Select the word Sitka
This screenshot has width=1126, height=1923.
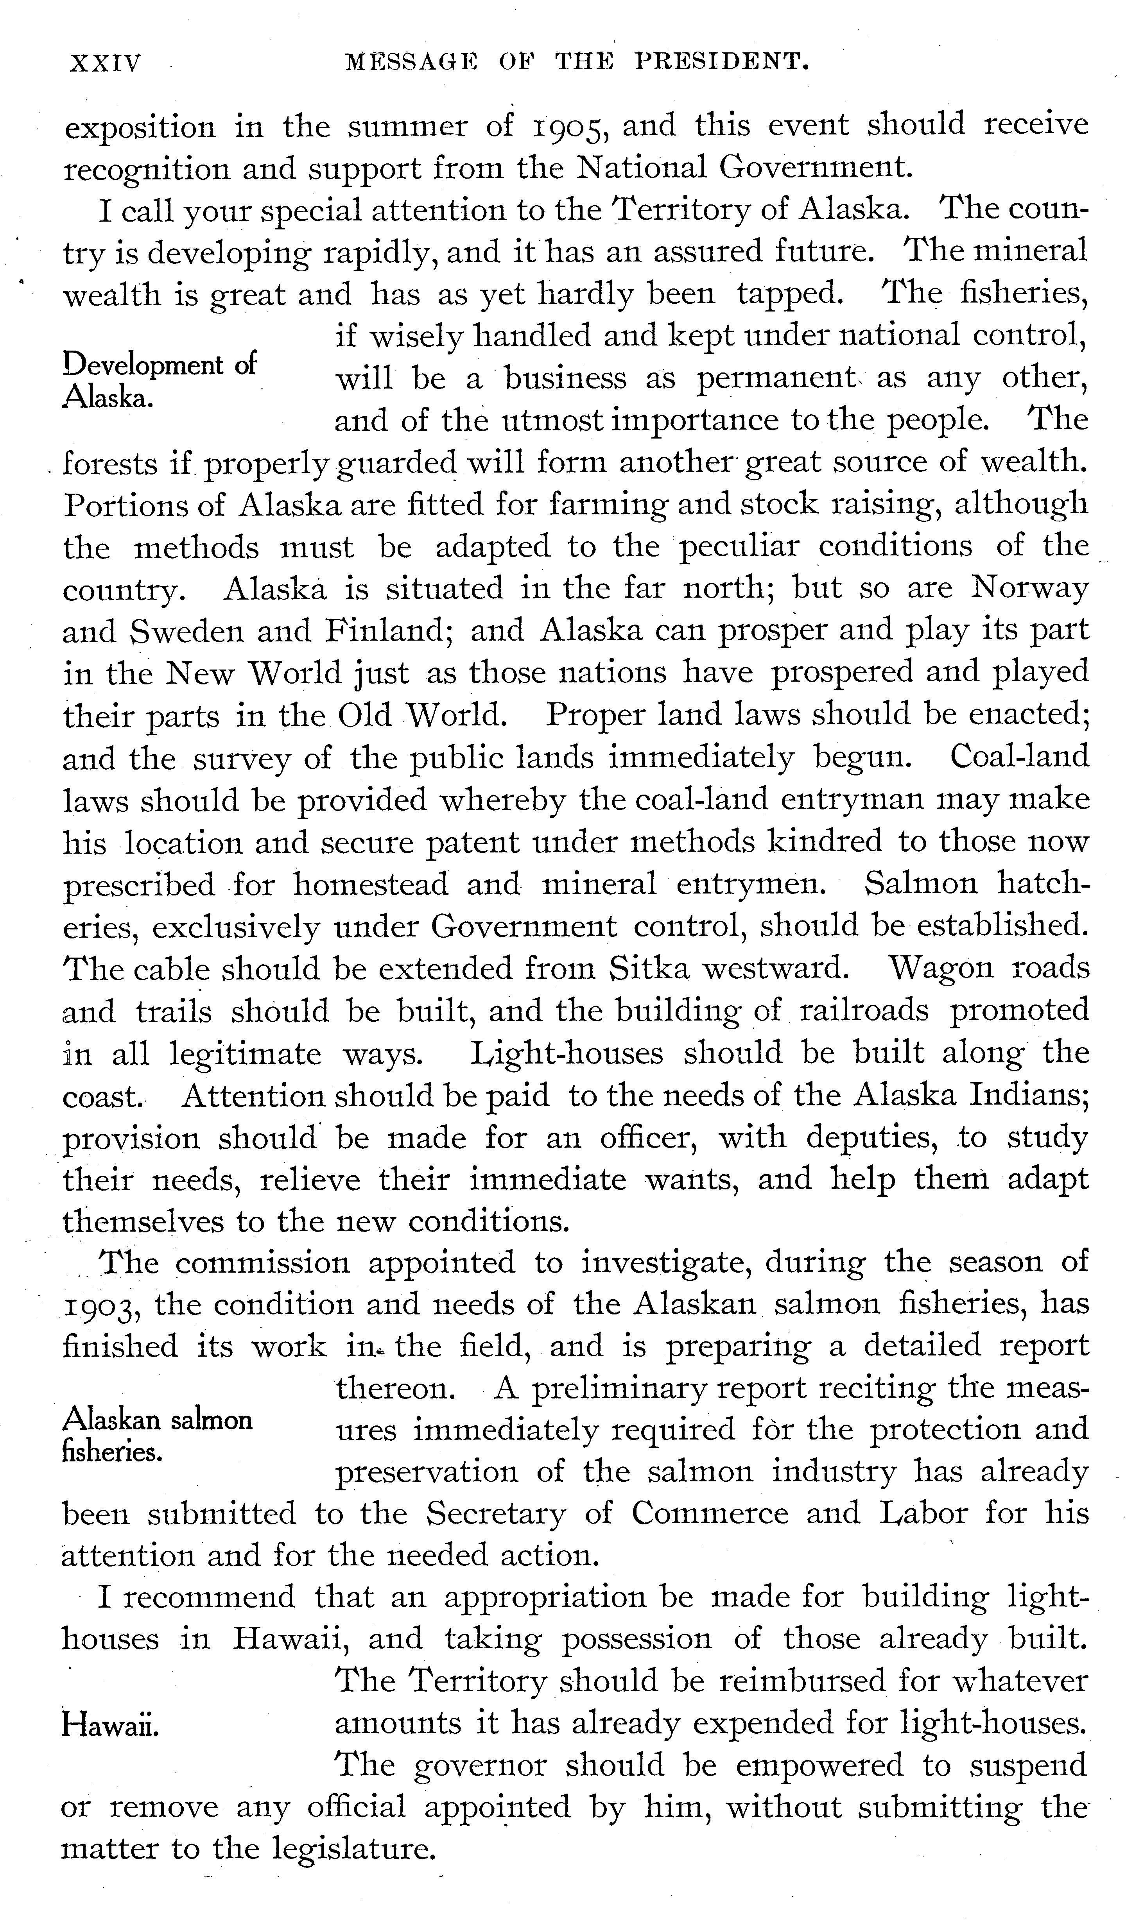[649, 968]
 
